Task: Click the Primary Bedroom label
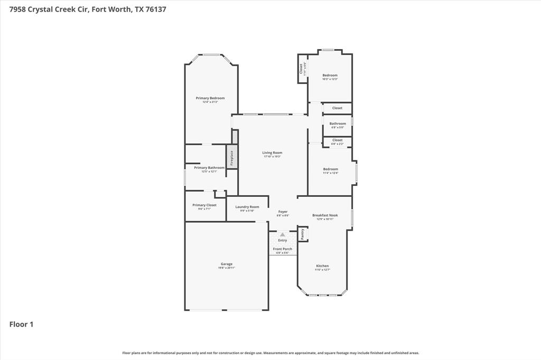pyautogui.click(x=210, y=98)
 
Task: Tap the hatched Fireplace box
pyautogui.click(x=232, y=157)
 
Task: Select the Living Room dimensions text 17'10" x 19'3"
pyautogui.click(x=272, y=156)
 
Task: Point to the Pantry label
pyautogui.click(x=303, y=234)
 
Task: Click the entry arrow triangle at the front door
pyautogui.click(x=282, y=234)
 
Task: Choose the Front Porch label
pyautogui.click(x=282, y=249)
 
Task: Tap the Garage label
pyautogui.click(x=227, y=264)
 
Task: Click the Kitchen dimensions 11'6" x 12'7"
pyautogui.click(x=322, y=270)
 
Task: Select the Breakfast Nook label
pyautogui.click(x=325, y=215)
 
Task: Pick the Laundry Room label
pyautogui.click(x=247, y=207)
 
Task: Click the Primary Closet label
pyautogui.click(x=204, y=205)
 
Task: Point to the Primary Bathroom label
pyautogui.click(x=209, y=168)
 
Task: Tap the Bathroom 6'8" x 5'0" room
pyautogui.click(x=338, y=125)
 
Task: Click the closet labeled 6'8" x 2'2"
pyautogui.click(x=337, y=141)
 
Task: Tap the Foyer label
pyautogui.click(x=283, y=212)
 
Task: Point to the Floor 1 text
pyautogui.click(x=22, y=324)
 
